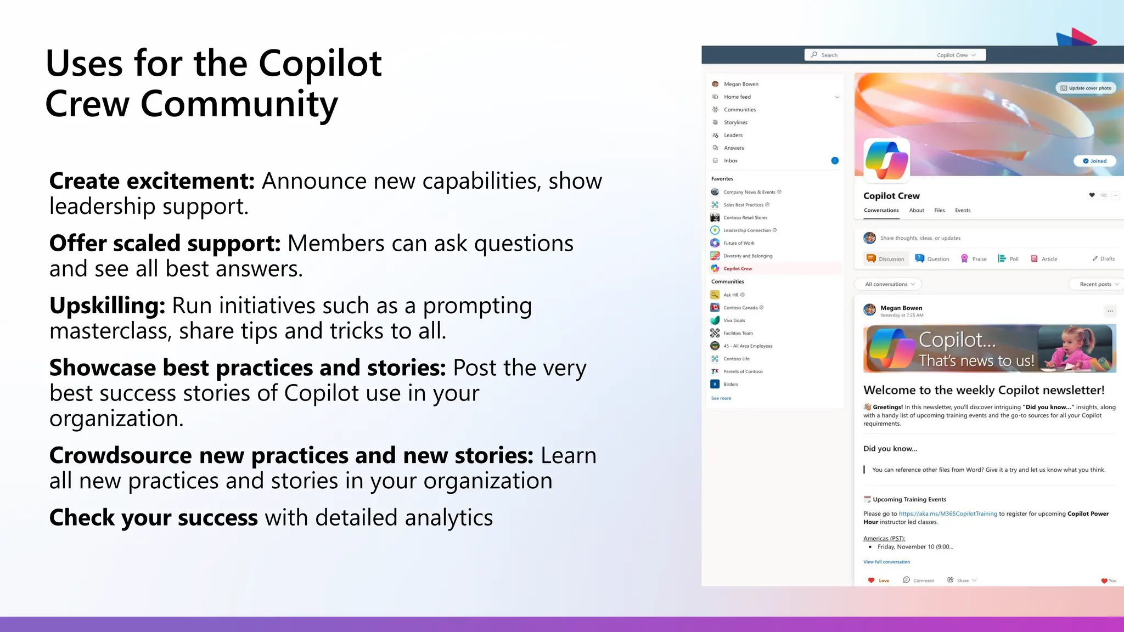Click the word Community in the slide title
pos(239,104)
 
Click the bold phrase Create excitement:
pos(152,181)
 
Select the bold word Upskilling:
pos(108,306)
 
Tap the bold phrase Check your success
pos(153,517)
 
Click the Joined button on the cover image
pos(1094,161)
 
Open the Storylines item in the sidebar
pos(735,122)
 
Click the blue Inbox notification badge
pos(835,161)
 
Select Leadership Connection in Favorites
pos(746,230)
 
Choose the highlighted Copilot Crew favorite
pos(738,269)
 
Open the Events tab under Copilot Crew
pos(963,210)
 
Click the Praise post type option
pos(974,259)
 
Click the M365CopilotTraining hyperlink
pos(948,514)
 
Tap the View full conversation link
pos(886,562)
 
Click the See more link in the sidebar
pos(721,398)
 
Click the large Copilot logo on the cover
pos(886,160)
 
